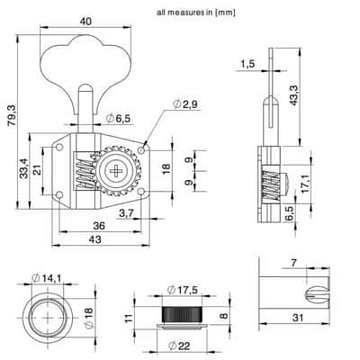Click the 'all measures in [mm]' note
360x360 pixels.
(196, 13)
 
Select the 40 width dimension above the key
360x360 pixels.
(85, 22)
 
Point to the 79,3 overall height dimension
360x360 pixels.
(13, 116)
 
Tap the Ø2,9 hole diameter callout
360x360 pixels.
(185, 104)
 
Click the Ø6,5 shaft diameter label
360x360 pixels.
(119, 119)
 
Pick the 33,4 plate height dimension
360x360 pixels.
(23, 168)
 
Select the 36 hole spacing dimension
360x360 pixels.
(99, 226)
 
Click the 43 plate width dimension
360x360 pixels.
(95, 239)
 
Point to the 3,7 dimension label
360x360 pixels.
(126, 213)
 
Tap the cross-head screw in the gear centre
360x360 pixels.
(115, 171)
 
